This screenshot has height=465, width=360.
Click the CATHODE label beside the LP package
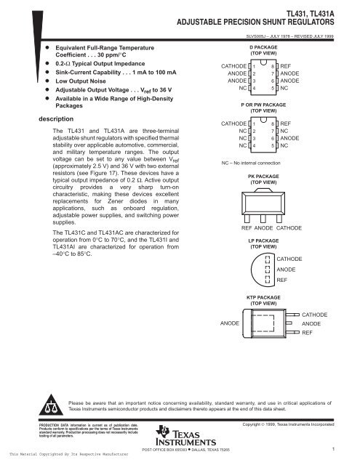[291, 259]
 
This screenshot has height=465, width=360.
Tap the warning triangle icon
[54, 404]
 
